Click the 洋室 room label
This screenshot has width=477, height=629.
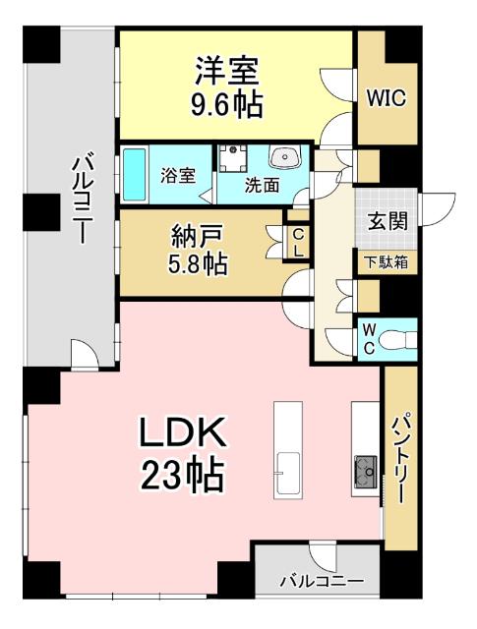pos(228,71)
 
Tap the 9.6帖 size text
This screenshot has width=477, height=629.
pos(228,103)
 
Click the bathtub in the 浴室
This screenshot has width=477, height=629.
pos(134,175)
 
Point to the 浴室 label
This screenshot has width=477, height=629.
pos(178,176)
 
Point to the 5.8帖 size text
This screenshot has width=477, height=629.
pos(196,264)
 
